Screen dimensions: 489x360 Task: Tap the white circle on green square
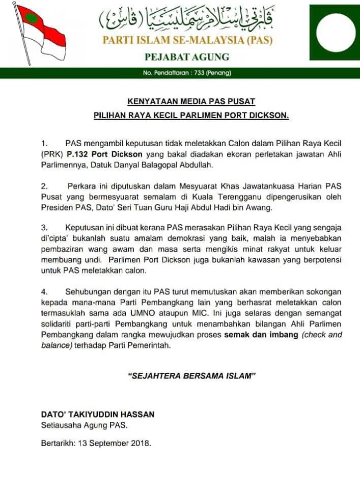tap(334, 32)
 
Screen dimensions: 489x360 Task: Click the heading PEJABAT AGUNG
tap(187, 57)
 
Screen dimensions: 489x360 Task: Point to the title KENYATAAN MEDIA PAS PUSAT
tap(191, 101)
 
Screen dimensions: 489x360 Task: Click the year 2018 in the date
tap(140, 443)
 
